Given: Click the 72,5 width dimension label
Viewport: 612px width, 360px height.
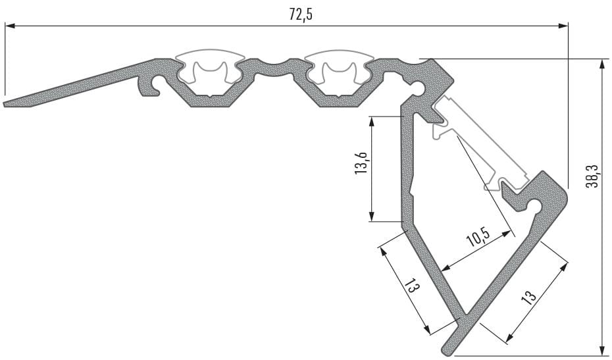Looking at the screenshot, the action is point(301,14).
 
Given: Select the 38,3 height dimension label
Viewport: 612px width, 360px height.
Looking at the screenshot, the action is point(592,176).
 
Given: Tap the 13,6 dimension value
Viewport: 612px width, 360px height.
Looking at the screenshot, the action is point(361,162).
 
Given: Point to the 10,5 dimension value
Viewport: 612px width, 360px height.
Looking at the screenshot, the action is point(478,237).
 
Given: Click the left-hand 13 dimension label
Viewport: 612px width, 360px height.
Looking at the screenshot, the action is point(412,287).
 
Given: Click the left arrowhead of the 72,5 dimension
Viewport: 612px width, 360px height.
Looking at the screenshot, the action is point(10,26).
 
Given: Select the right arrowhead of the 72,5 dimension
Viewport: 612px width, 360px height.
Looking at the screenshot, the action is point(563,26).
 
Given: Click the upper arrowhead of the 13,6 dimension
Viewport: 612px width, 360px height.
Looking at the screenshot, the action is point(372,122).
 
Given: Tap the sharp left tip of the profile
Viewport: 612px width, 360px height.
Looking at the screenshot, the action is point(5,105).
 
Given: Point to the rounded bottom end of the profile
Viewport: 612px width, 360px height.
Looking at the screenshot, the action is point(447,348).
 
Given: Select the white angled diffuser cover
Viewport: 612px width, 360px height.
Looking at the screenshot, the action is point(481,143).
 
